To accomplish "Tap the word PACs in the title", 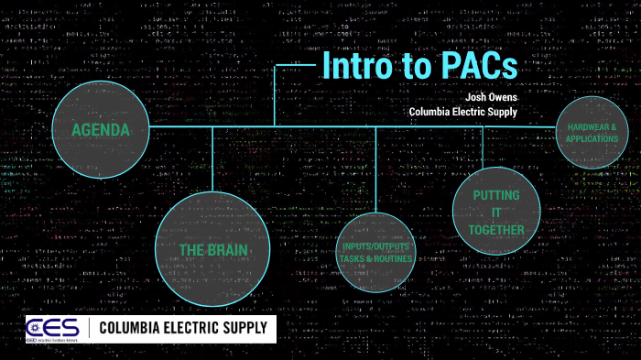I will click(473, 67).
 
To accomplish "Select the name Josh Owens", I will click(492, 94).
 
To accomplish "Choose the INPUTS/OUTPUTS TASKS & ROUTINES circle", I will click(376, 253).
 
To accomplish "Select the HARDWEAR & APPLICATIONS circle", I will click(592, 133).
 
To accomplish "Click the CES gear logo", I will click(45, 327).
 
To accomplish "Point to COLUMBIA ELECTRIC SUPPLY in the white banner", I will click(182, 327).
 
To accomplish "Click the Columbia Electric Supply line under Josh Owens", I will click(462, 112).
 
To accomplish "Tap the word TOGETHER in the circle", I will click(497, 230).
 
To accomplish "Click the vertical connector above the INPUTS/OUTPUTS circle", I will click(376, 169).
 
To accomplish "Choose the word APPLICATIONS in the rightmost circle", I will click(592, 139).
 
